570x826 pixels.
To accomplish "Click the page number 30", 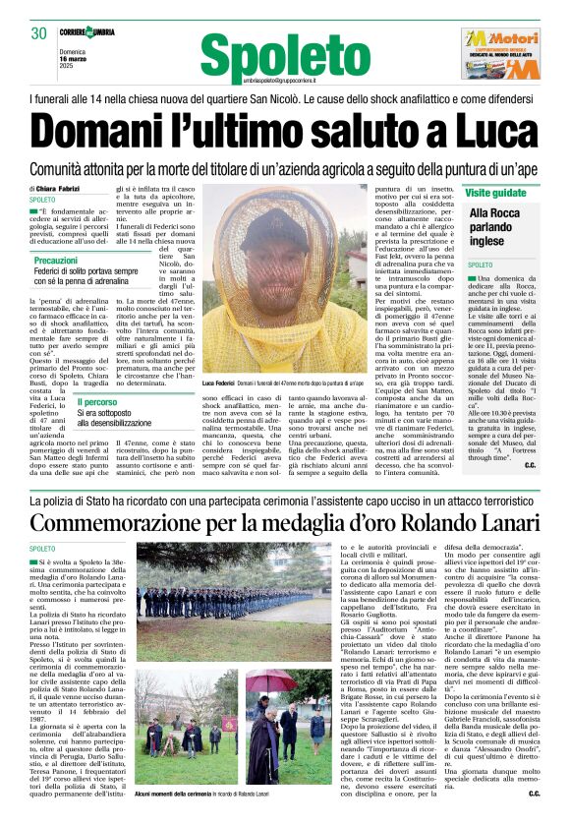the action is click(x=39, y=33).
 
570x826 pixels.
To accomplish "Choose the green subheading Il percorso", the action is click(x=97, y=402).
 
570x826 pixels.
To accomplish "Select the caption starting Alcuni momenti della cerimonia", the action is click(x=224, y=792).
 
